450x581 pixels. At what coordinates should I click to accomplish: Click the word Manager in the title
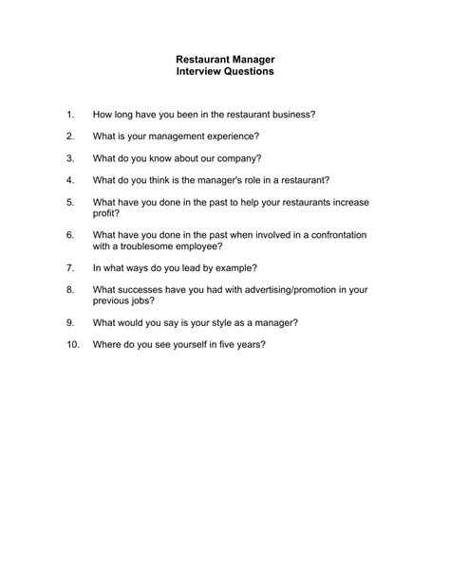pos(251,59)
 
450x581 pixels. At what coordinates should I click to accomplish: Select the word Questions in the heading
pos(249,71)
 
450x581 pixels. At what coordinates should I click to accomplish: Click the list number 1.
pos(69,114)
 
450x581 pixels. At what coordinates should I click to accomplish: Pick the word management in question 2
pos(180,136)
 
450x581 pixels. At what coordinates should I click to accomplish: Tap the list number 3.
pos(69,157)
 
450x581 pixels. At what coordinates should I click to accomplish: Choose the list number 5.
pos(69,202)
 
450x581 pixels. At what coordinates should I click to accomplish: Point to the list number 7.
pos(69,268)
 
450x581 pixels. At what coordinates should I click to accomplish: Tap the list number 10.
pos(72,344)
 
